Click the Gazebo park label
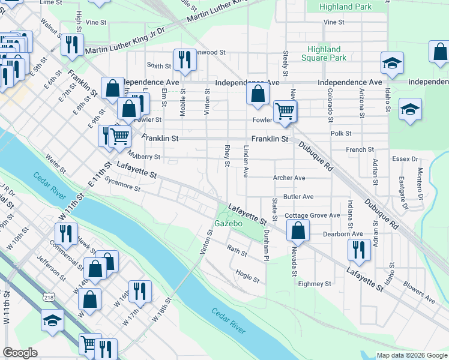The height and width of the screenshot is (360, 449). coord(228,223)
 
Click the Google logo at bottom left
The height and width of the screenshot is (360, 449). coord(20,353)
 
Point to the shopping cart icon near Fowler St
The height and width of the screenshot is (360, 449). coord(285,111)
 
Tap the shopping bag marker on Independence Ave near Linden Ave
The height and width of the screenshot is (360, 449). coord(258,94)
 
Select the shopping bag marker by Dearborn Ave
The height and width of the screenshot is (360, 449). coord(298,230)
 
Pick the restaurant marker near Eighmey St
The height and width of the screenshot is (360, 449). coord(358,250)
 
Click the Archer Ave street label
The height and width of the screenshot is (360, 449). coord(289,178)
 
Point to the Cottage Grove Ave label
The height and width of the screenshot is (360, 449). coord(312,215)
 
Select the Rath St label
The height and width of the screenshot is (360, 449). coord(237,251)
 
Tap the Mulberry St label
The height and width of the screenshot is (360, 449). coord(143,157)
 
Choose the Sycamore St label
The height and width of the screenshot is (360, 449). coord(122,184)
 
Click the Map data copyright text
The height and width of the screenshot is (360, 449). coord(411,355)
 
